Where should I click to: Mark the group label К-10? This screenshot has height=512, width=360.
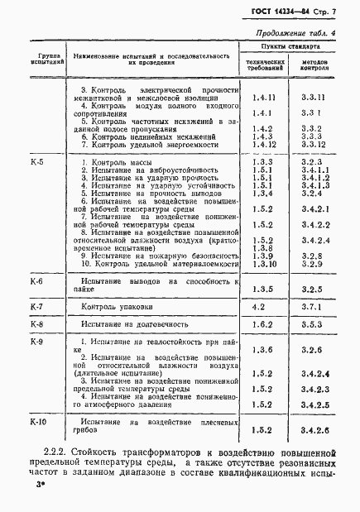tap(38, 422)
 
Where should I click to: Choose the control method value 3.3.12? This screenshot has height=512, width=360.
tap(313, 146)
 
